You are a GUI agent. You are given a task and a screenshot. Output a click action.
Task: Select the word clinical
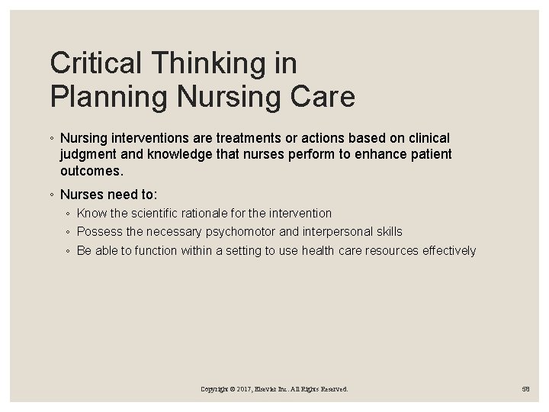tap(427, 139)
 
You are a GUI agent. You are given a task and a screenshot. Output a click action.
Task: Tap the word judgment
tap(88, 154)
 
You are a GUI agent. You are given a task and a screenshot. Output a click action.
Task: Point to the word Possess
tap(98, 232)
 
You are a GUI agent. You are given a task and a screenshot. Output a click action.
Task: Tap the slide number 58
tap(526, 389)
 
